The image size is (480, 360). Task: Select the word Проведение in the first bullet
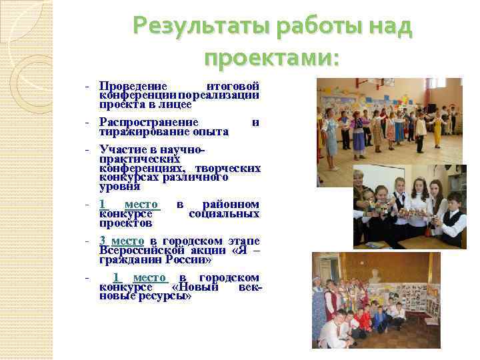133,86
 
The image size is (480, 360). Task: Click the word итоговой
233,86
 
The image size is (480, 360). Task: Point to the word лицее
177,105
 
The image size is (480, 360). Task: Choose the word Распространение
149,122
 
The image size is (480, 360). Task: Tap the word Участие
121,149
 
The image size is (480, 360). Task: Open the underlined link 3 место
121,241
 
